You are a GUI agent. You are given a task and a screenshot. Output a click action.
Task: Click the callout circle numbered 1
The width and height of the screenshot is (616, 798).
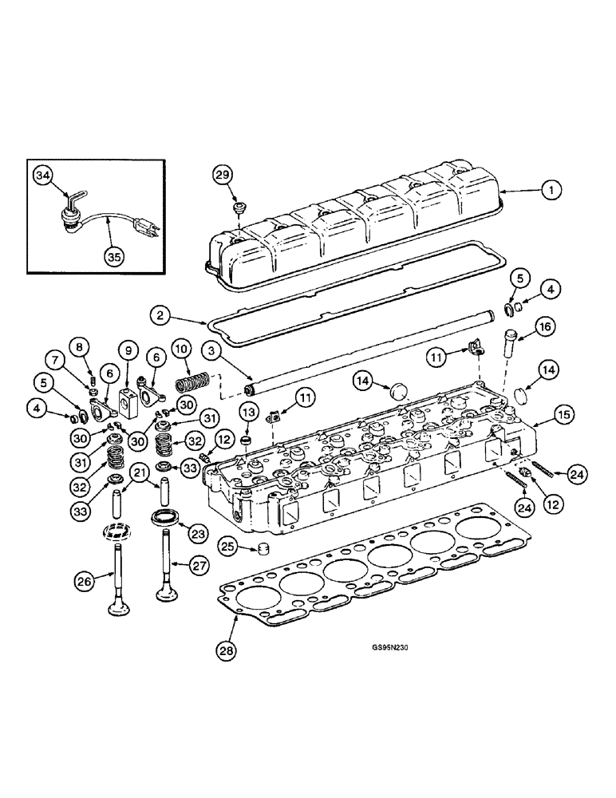tap(551, 191)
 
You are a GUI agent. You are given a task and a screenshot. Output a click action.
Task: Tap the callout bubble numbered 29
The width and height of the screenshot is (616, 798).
tap(223, 174)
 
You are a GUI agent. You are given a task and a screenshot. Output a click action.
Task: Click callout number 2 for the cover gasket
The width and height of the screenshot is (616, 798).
tap(161, 317)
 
